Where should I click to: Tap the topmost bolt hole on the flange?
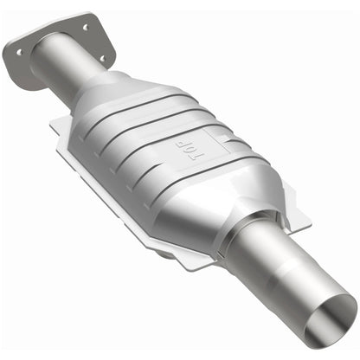[85, 28]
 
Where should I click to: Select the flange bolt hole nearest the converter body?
[102, 59]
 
